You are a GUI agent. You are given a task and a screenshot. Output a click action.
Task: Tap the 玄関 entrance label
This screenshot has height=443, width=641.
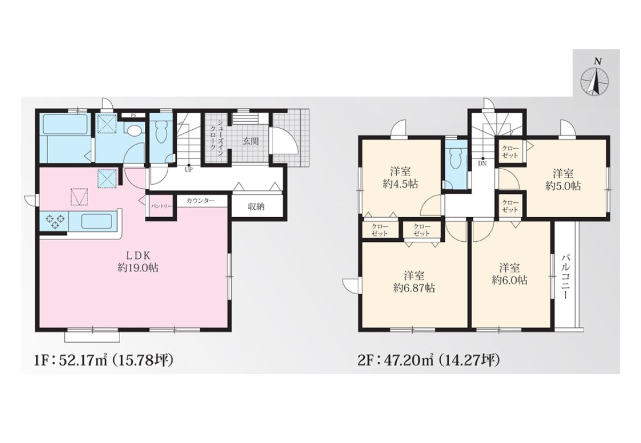[251, 141]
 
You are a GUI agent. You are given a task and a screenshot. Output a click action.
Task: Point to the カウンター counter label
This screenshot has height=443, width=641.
[200, 201]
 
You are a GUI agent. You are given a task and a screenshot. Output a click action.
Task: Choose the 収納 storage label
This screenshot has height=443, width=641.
[256, 207]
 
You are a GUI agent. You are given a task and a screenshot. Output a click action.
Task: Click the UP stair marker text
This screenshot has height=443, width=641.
[189, 170]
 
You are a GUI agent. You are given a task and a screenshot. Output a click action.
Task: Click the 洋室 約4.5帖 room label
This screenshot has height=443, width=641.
[400, 178]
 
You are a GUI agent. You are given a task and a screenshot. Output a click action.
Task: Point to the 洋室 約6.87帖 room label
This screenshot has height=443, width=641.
[414, 282]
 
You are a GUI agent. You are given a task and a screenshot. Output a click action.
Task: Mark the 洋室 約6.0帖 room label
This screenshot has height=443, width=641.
[510, 274]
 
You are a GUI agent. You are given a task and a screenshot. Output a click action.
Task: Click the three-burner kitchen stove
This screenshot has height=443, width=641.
[55, 222]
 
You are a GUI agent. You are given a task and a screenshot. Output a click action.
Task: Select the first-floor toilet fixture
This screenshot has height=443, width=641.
[161, 133]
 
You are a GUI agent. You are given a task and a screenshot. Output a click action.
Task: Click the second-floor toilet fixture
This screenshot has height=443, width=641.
[455, 162]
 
